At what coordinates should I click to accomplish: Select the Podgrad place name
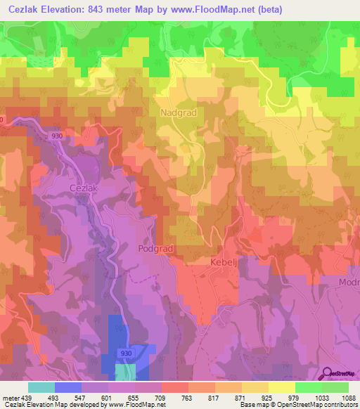tap(155, 249)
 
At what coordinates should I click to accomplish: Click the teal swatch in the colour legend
tap(41, 387)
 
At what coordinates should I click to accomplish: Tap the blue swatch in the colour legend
tap(68, 387)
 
